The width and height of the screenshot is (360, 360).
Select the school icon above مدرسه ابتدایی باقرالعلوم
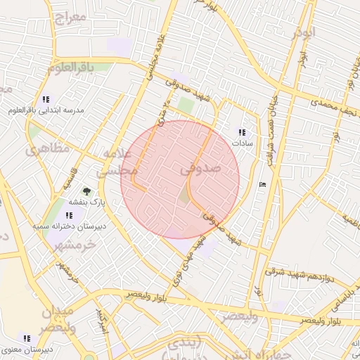pyautogui.click(x=46, y=99)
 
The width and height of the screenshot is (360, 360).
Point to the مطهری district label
pyautogui.click(x=48, y=149)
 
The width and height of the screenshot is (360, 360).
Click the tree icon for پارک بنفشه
pyautogui.click(x=86, y=191)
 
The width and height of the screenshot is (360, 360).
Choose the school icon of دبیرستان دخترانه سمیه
pyautogui.click(x=68, y=215)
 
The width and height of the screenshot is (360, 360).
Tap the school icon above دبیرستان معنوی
pyautogui.click(x=27, y=338)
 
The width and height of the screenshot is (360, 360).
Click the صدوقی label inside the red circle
pyautogui.click(x=200, y=169)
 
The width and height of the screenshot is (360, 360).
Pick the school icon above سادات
pyautogui.click(x=243, y=132)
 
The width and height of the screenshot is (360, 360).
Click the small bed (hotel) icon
pyautogui.click(x=263, y=184)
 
